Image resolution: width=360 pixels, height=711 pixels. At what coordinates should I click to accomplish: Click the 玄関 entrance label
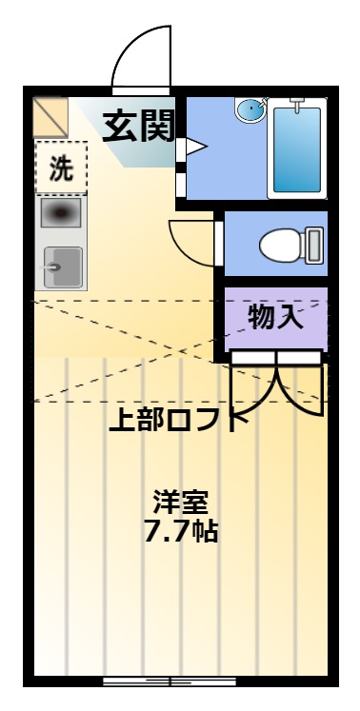click(x=138, y=126)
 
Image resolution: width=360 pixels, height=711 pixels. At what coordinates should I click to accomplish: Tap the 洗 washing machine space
click(x=61, y=168)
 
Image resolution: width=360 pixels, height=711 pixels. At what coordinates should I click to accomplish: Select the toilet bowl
click(x=282, y=246)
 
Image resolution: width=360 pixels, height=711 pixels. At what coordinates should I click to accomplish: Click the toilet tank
click(x=314, y=246)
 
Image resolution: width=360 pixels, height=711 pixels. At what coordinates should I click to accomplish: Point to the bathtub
click(x=297, y=148)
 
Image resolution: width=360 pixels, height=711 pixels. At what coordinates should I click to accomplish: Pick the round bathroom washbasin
click(x=250, y=110)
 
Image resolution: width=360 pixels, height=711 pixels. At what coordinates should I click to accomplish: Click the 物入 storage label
click(x=275, y=317)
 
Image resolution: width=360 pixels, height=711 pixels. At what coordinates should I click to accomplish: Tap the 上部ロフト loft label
click(x=178, y=421)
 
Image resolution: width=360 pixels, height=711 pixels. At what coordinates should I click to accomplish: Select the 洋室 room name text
click(x=180, y=502)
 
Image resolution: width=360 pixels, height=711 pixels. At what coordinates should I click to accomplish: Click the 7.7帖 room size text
click(x=181, y=530)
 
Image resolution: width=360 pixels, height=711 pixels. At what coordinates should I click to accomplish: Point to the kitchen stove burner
click(x=61, y=212)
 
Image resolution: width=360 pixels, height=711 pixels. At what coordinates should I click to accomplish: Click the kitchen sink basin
click(x=63, y=267)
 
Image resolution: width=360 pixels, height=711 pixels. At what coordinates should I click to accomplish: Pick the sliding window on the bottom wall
click(x=170, y=681)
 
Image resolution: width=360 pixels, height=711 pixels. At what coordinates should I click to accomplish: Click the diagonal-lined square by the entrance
click(x=50, y=117)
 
